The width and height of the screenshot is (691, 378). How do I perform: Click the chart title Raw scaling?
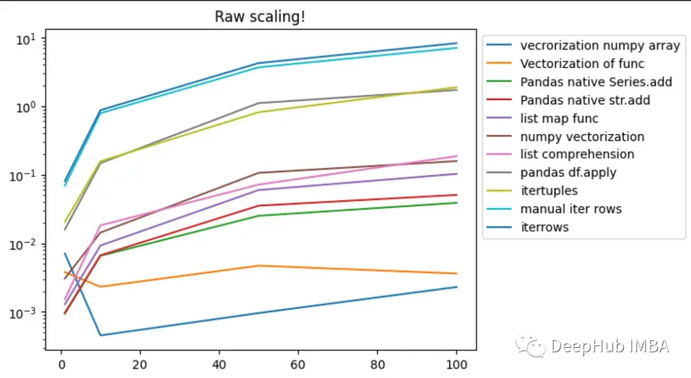[260, 17]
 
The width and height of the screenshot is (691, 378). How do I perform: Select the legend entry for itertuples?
[549, 191]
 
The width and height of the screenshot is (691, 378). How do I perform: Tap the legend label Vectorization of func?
[582, 63]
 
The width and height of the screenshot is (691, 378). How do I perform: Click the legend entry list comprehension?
[577, 154]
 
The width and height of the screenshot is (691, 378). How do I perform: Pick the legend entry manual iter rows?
[571, 209]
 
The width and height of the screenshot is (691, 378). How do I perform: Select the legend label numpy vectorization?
[582, 136]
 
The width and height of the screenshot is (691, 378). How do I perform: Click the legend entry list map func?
[559, 118]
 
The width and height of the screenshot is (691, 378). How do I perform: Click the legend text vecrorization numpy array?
[600, 45]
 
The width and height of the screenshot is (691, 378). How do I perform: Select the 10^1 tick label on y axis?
[28, 38]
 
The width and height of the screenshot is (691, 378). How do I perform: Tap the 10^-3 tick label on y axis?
[25, 313]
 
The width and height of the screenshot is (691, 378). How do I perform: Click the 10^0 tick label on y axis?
[28, 106]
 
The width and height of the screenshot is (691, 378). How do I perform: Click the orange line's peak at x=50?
[259, 265]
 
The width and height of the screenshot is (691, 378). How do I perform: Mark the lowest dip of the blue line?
[101, 335]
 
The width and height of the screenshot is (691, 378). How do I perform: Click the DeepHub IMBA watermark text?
[608, 347]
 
